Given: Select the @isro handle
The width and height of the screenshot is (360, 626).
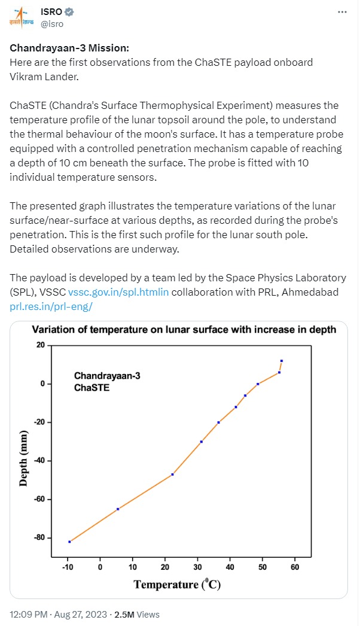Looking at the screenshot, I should click(x=52, y=24).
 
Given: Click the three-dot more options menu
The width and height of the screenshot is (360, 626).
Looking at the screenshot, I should click(x=341, y=12).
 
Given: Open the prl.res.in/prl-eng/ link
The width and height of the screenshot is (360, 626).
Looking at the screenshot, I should click(x=51, y=306).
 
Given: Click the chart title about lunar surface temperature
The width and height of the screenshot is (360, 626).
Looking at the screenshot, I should click(x=184, y=329).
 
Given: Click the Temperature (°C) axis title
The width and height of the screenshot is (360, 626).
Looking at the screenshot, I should click(x=177, y=584).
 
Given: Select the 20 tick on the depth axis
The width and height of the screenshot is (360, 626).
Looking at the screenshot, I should click(x=41, y=345).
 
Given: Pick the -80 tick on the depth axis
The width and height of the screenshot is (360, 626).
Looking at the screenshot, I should click(x=39, y=537).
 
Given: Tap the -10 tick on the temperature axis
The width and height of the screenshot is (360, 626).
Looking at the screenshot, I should click(x=68, y=567).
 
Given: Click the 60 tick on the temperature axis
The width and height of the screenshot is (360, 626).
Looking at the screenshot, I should click(x=295, y=567).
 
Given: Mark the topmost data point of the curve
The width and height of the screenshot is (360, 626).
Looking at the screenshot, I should click(x=282, y=361).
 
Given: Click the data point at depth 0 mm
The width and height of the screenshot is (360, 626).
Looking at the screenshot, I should click(x=258, y=384).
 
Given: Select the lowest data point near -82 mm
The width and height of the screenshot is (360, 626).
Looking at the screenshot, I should click(x=70, y=542).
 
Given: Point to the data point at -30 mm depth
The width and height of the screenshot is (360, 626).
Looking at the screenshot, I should click(x=202, y=442).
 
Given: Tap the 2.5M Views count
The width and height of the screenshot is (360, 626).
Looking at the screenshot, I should click(x=137, y=614).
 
